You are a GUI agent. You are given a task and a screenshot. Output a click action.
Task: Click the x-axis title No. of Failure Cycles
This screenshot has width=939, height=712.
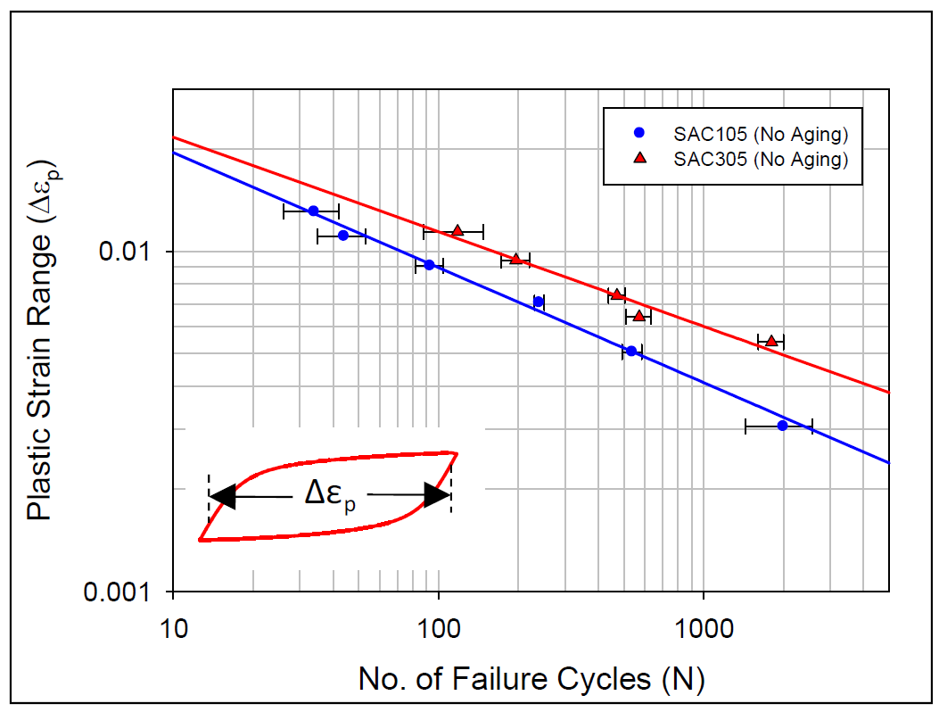(x=531, y=679)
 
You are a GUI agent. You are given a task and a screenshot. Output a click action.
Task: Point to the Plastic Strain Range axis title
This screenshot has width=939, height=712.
(x=38, y=339)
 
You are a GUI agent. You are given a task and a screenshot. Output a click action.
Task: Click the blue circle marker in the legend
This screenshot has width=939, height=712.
(x=638, y=134)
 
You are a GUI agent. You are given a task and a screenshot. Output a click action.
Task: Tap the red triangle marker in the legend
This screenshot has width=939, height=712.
(x=638, y=159)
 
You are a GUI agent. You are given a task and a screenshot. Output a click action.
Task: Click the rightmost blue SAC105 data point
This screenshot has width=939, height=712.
(x=782, y=426)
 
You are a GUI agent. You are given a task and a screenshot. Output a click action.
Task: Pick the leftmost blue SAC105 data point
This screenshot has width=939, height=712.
(x=313, y=211)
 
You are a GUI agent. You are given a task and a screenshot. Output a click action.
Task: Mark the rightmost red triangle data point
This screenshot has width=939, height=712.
(x=771, y=341)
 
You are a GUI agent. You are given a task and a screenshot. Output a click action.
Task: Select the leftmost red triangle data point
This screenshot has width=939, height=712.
(x=457, y=230)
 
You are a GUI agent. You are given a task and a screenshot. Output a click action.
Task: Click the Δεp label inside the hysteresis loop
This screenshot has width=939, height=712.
(x=330, y=496)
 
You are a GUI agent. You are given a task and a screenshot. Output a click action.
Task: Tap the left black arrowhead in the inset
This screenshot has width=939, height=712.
(x=222, y=496)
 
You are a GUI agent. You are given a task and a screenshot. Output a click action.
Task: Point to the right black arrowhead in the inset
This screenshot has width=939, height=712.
(x=437, y=496)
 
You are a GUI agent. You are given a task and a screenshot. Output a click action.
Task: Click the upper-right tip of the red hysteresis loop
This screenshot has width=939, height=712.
(x=457, y=453)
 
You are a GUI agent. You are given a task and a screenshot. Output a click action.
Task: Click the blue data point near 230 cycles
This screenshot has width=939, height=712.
(x=539, y=302)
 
